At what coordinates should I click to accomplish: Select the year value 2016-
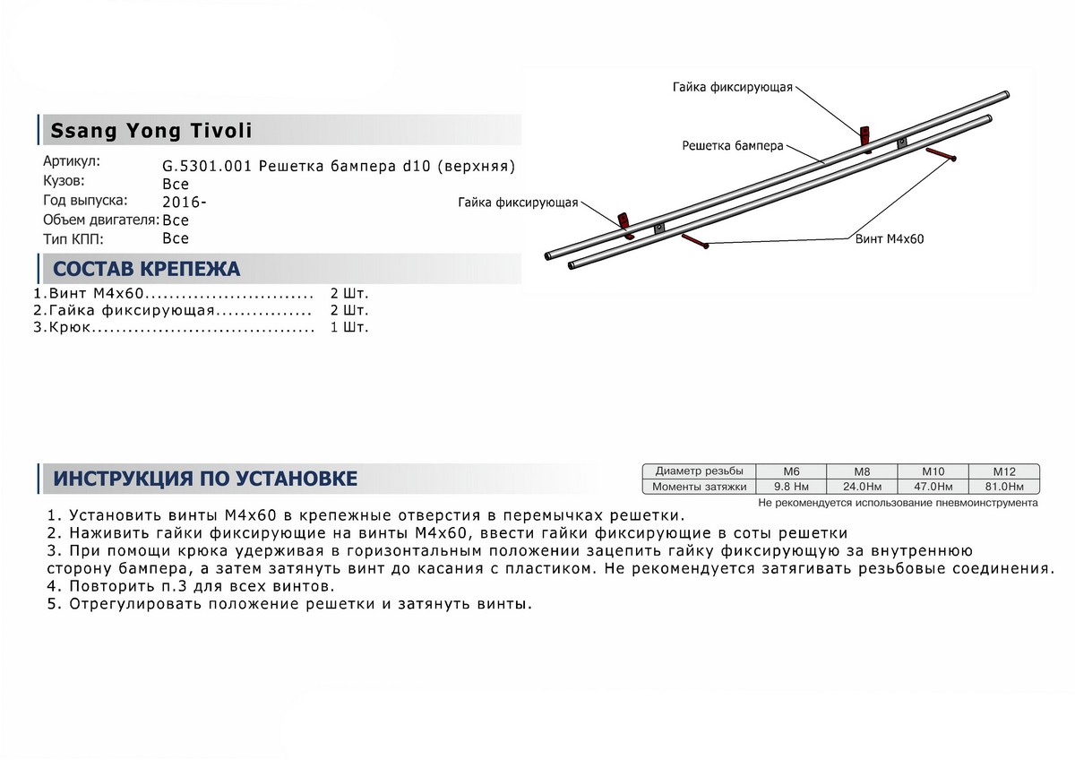pos(182,202)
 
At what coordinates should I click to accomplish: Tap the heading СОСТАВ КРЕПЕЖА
pos(147,270)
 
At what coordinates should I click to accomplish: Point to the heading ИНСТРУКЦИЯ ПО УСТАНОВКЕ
pos(205,479)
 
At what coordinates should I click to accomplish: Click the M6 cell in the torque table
pos(791,471)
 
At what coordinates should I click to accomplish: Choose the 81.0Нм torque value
pos(1003,487)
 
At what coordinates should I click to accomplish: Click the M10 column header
pos(933,471)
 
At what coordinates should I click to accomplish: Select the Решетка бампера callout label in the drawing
pos(733,144)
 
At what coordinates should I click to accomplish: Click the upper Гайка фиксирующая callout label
pos(733,87)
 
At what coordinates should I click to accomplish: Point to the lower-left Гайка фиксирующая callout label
pos(518,203)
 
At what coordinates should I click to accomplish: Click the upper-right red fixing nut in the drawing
pos(865,136)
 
